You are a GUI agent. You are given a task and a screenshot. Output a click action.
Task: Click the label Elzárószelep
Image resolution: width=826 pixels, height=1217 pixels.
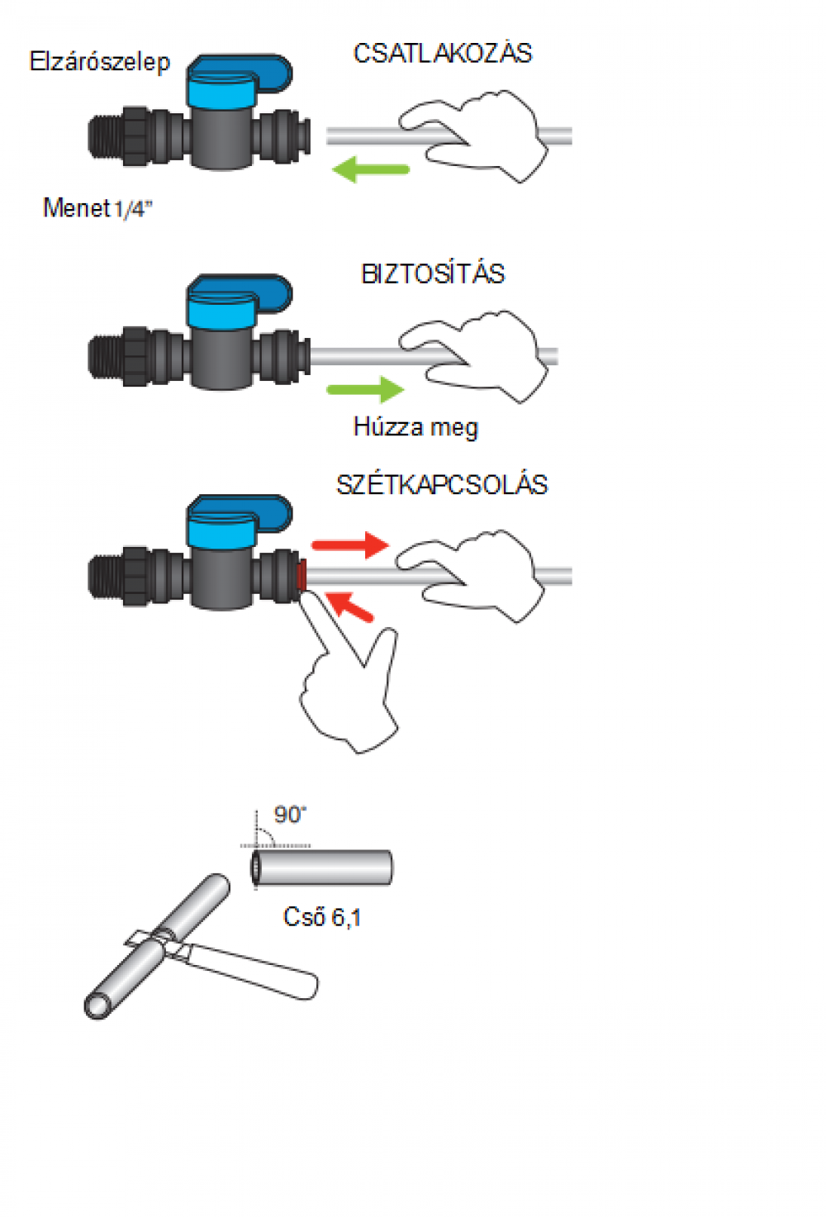99,62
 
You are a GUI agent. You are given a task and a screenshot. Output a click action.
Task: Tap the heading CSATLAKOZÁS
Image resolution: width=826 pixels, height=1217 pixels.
443,54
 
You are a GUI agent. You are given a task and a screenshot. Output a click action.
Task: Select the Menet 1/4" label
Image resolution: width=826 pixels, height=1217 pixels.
97,208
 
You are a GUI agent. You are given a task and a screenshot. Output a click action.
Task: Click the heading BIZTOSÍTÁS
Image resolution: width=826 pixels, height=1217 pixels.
433,274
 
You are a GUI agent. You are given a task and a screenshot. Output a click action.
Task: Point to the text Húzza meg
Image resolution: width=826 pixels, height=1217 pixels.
415,427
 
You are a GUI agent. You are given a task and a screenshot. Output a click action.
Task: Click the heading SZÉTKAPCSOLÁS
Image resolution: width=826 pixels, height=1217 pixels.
442,485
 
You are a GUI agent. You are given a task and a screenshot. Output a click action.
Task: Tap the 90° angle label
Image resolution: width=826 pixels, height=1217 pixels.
289,815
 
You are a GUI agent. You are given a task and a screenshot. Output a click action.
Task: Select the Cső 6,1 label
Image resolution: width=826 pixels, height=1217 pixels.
322,917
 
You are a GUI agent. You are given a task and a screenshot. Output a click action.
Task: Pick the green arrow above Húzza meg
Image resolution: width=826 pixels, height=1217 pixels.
365,389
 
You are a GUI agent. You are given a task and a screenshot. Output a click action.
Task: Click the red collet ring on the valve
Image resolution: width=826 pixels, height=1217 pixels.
301,575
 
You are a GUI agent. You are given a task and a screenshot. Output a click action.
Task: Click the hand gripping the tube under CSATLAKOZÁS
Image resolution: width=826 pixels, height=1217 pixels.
479,136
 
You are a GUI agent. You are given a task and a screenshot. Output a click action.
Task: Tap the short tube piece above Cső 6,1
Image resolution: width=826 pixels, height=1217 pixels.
322,868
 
